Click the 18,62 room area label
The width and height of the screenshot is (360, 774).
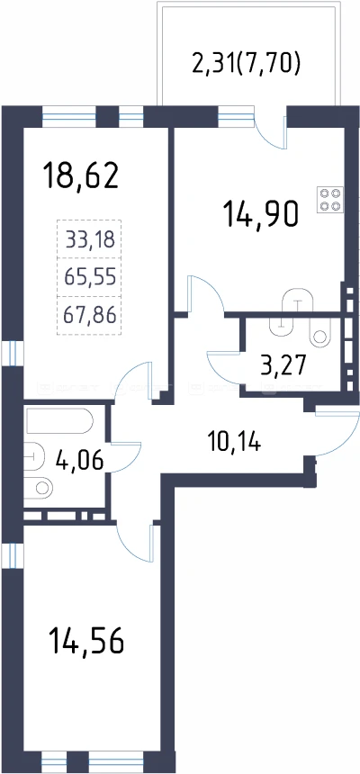[81, 176]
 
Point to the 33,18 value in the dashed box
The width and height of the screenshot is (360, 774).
[90, 240]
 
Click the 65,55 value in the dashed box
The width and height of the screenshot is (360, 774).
[90, 278]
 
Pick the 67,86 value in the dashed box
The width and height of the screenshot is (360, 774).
[90, 314]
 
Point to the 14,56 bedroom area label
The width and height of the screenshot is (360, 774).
[85, 641]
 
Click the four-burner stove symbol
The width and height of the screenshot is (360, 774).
[330, 200]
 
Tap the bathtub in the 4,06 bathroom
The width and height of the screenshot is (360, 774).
[59, 420]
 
